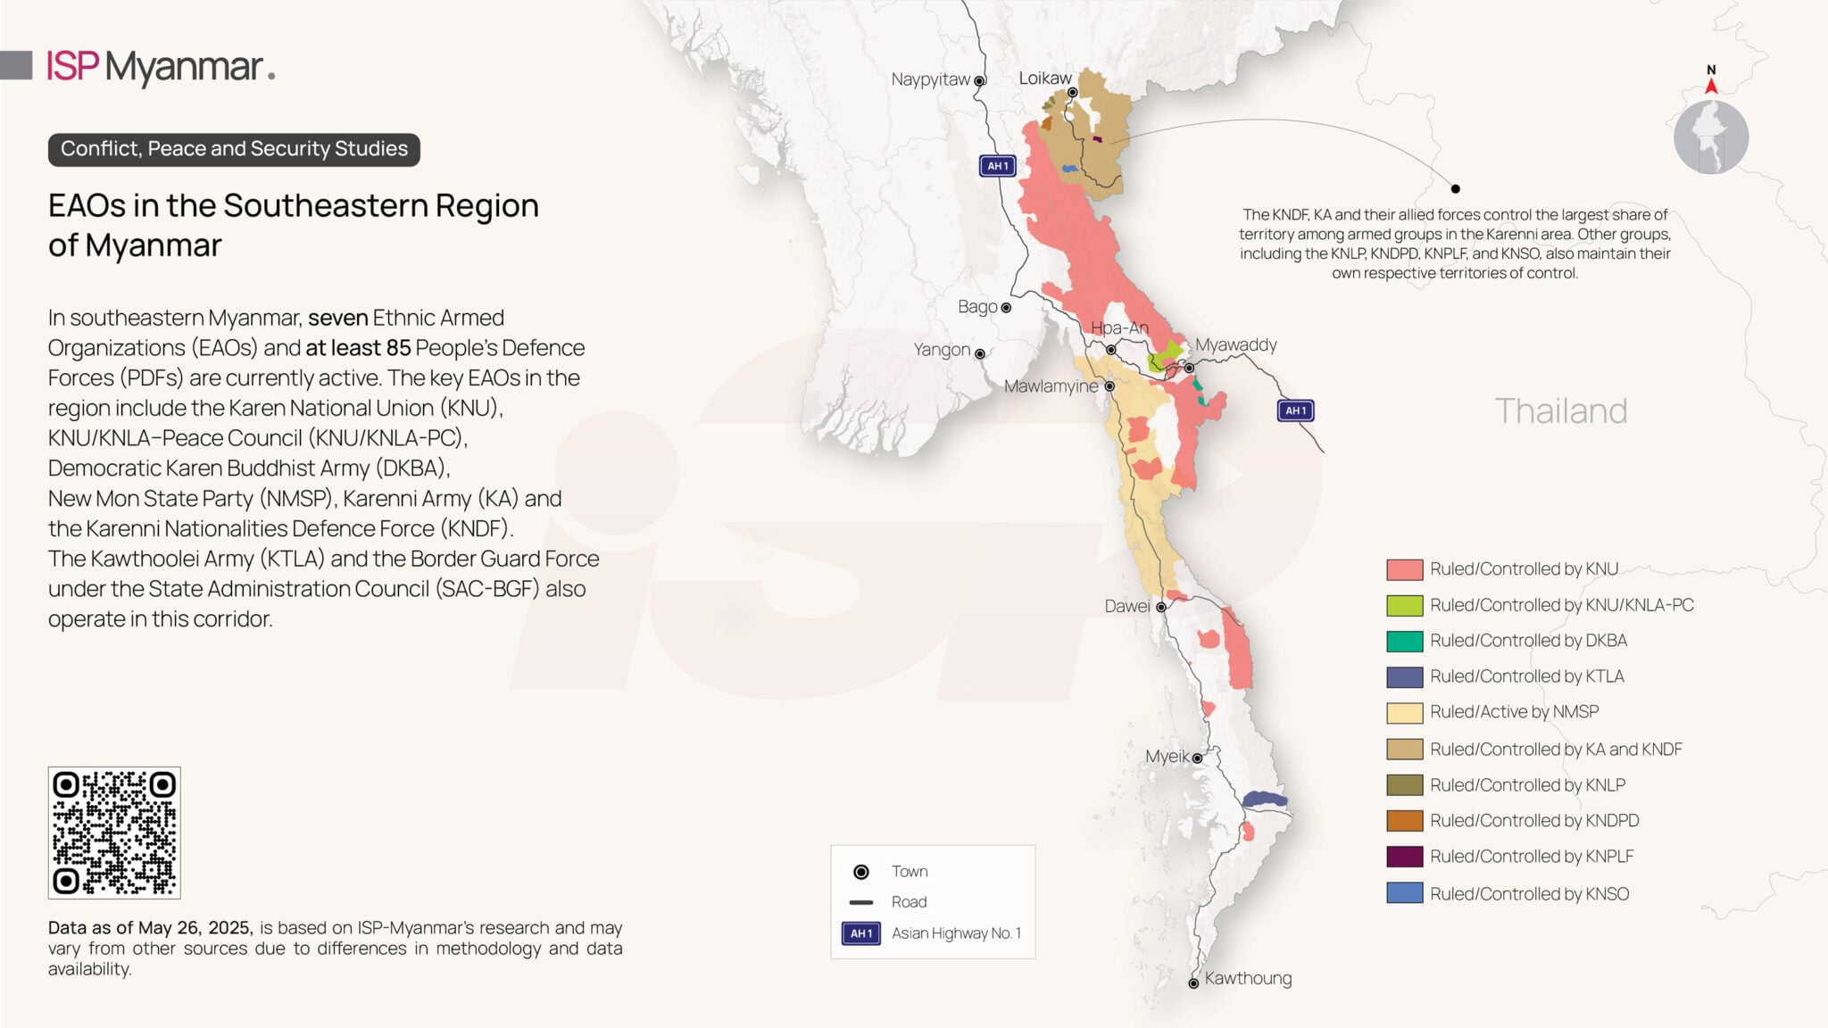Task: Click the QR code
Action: tap(114, 833)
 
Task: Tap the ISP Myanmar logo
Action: tap(161, 67)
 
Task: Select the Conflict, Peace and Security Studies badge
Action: tap(234, 149)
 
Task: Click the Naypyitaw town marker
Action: tap(979, 80)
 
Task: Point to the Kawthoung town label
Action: tap(1248, 978)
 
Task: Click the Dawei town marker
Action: tap(1161, 607)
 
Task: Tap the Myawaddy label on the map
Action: tap(1235, 344)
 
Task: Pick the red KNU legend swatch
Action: tap(1404, 569)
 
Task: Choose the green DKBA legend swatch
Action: tap(1404, 641)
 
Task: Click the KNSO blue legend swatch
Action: tap(1404, 893)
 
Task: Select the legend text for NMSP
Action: tap(1514, 712)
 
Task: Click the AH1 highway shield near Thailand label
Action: tap(1295, 410)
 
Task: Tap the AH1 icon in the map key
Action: tap(860, 933)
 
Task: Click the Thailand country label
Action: tap(1560, 410)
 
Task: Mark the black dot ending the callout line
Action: tap(1456, 188)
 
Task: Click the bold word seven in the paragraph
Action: tap(338, 318)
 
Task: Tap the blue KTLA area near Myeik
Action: tap(1265, 800)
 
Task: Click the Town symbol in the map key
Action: tap(861, 872)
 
